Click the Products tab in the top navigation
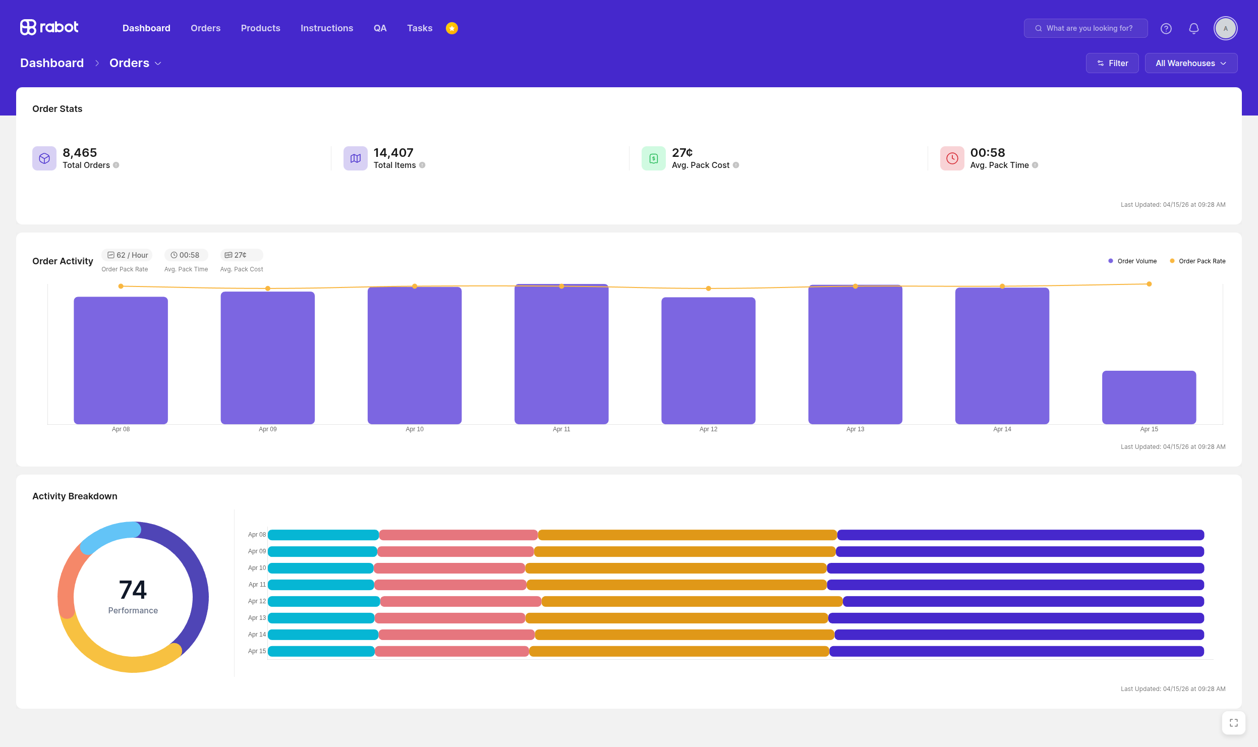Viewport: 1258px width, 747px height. click(260, 28)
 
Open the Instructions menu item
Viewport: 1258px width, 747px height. click(327, 28)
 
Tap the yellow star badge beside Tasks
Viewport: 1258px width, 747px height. click(452, 28)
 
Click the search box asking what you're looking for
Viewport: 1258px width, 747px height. click(1085, 28)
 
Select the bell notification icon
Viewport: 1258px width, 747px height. click(1194, 28)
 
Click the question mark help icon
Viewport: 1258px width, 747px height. click(1166, 28)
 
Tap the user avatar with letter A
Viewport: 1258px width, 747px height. click(1226, 28)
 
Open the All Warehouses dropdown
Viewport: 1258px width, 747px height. click(1191, 63)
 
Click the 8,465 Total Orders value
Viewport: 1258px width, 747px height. click(80, 152)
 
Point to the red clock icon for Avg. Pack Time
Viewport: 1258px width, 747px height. click(952, 158)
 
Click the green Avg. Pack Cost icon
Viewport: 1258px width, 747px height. click(654, 158)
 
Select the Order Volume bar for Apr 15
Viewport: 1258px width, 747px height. click(1149, 397)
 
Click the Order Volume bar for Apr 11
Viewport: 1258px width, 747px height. click(561, 354)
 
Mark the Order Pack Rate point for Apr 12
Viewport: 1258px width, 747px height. click(708, 289)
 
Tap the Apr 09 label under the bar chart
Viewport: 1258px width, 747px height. click(268, 429)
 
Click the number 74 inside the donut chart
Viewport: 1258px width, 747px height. click(133, 590)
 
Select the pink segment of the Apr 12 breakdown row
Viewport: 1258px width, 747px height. click(461, 601)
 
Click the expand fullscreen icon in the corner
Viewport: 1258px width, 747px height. click(1234, 723)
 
